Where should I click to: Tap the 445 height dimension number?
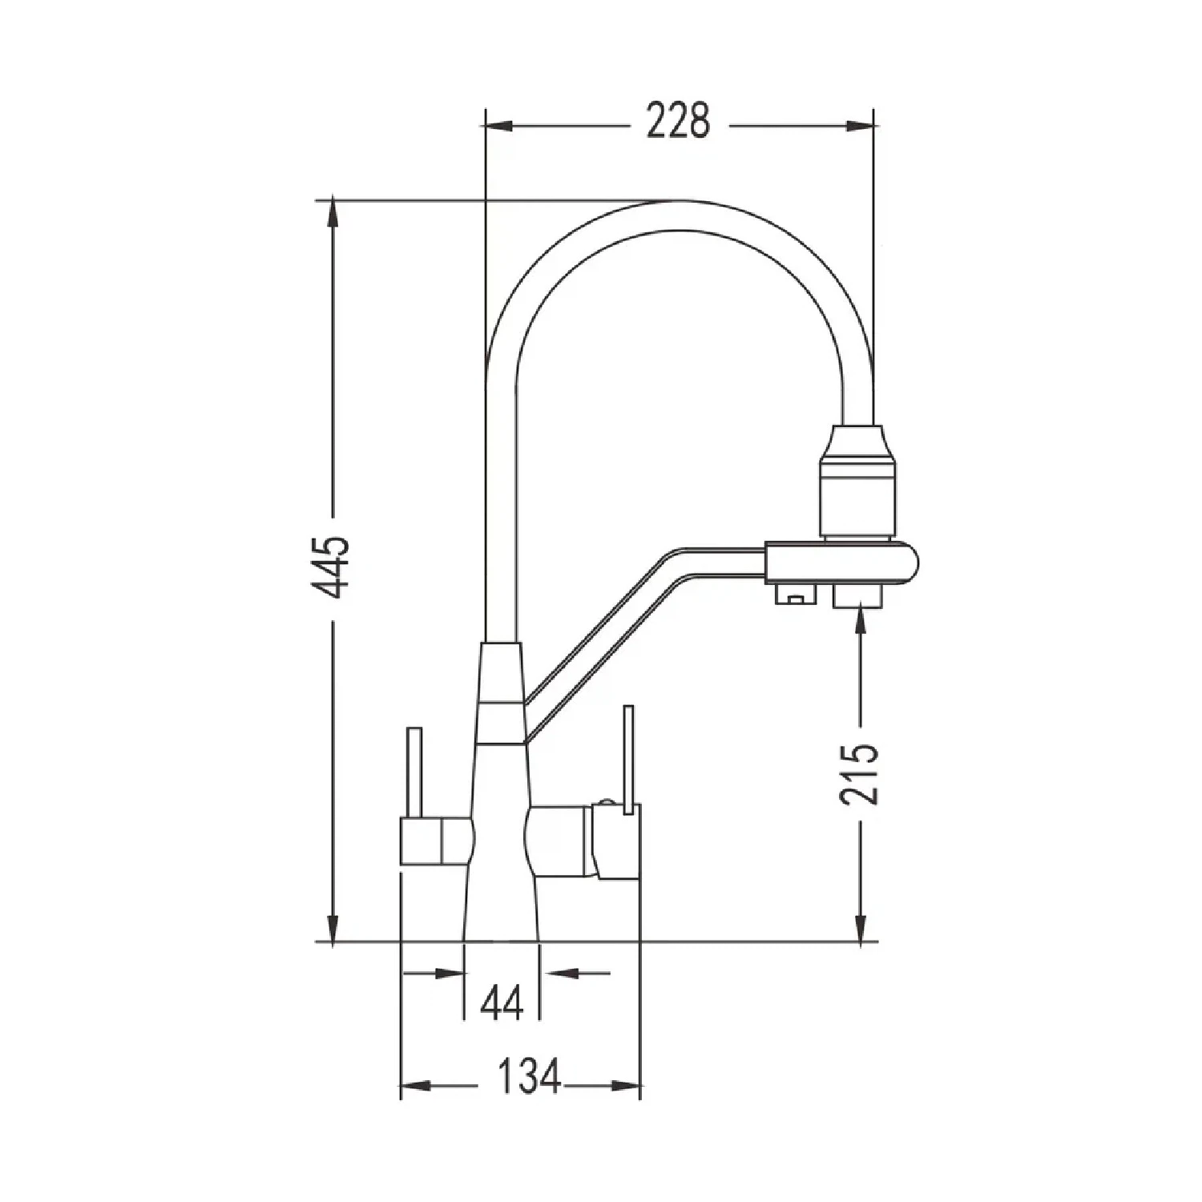[331, 568]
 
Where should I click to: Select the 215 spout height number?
[860, 773]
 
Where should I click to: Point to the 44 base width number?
[502, 1002]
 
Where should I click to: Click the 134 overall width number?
[530, 1076]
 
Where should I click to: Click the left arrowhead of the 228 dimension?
[499, 125]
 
